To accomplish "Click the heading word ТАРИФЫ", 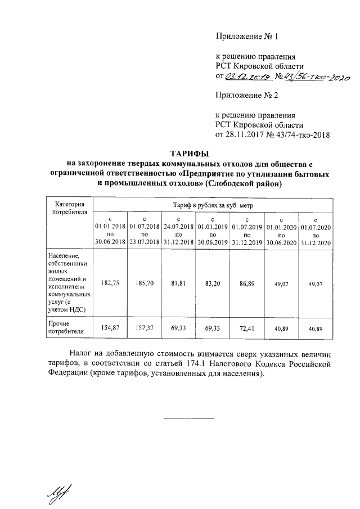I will (x=190, y=154).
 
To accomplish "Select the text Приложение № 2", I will (x=247, y=95).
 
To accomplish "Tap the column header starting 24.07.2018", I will (x=178, y=231).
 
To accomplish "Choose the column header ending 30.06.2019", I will (x=213, y=231).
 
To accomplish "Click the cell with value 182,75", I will (x=110, y=283).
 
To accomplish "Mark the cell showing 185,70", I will (x=144, y=283).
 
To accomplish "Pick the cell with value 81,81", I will (x=178, y=283).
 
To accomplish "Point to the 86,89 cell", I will (x=247, y=283).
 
